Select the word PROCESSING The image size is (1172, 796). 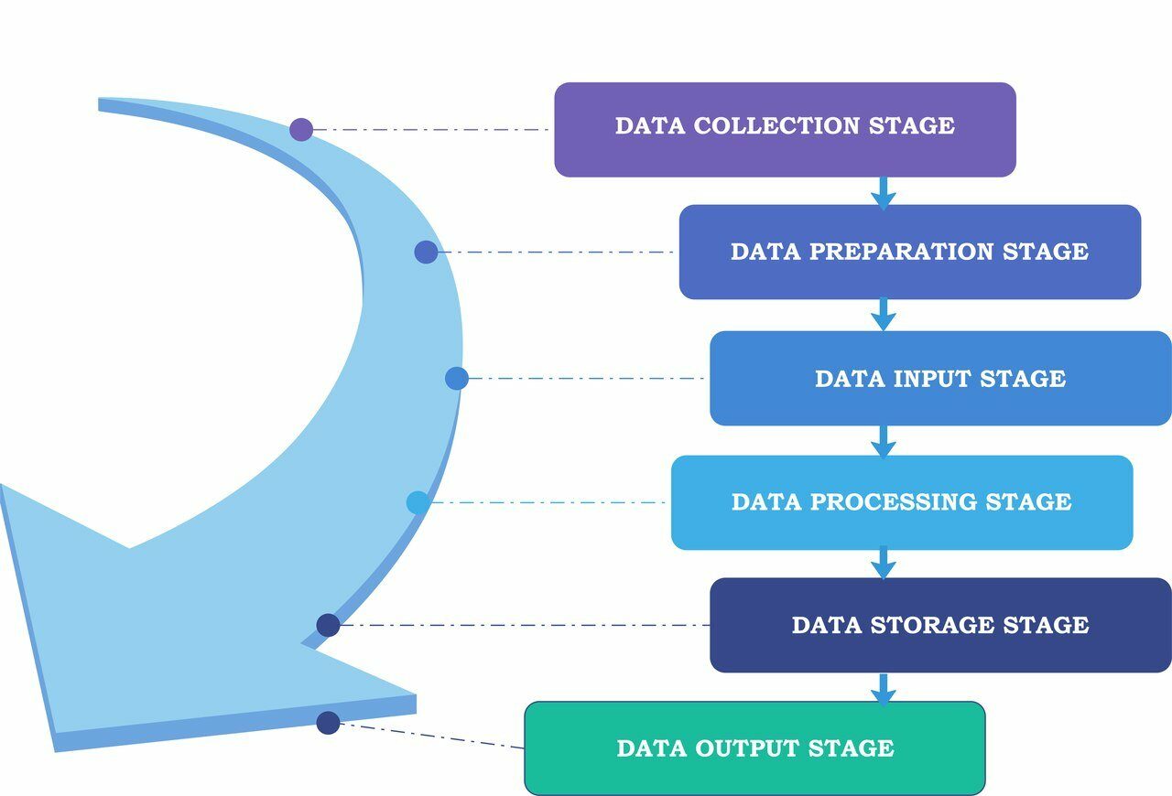[893, 501]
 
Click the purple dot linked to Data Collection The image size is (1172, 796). [301, 129]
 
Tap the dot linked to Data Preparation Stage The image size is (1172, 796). [426, 252]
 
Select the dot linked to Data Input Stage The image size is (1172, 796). [457, 378]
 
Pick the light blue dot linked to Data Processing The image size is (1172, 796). [418, 502]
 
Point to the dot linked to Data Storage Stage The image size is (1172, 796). [329, 625]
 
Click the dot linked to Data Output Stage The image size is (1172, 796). [328, 723]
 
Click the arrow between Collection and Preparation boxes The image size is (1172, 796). [883, 192]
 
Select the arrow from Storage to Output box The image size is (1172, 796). [883, 688]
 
